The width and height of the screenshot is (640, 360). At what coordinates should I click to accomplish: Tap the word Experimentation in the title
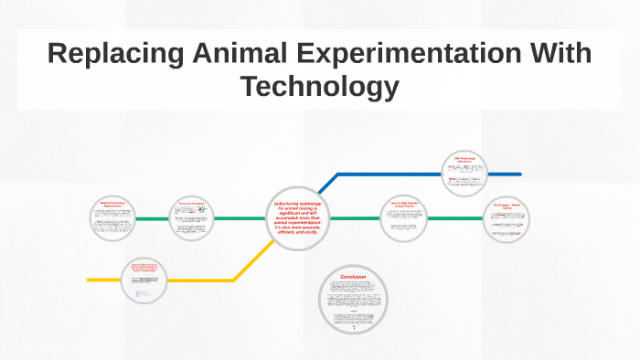coord(421,54)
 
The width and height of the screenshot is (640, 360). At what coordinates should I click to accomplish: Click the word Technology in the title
coord(319,88)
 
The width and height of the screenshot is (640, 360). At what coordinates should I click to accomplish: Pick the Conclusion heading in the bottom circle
coord(353,277)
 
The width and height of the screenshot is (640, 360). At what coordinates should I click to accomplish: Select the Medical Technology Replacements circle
coord(112,219)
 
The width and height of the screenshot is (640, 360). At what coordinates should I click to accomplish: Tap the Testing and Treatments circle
coord(192,219)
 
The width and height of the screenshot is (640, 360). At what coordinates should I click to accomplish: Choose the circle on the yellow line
coord(145,280)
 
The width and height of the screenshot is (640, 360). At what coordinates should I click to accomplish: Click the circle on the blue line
coord(464,174)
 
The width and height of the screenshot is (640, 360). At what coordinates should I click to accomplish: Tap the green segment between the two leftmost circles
coord(153,219)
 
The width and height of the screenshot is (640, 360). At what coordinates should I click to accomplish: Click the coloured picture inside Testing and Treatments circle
coord(202,210)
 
